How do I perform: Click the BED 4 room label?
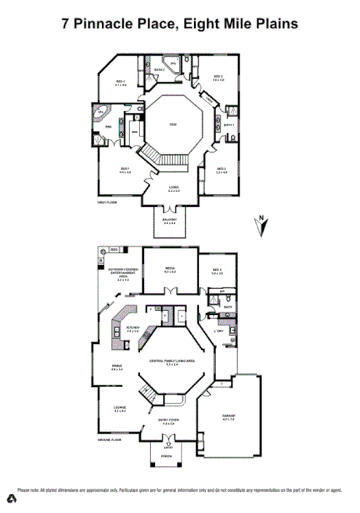click(121, 81)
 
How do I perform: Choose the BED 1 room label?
click(124, 169)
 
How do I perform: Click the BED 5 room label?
click(217, 271)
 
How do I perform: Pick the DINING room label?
click(117, 367)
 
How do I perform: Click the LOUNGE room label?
click(120, 409)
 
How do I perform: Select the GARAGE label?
click(229, 416)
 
